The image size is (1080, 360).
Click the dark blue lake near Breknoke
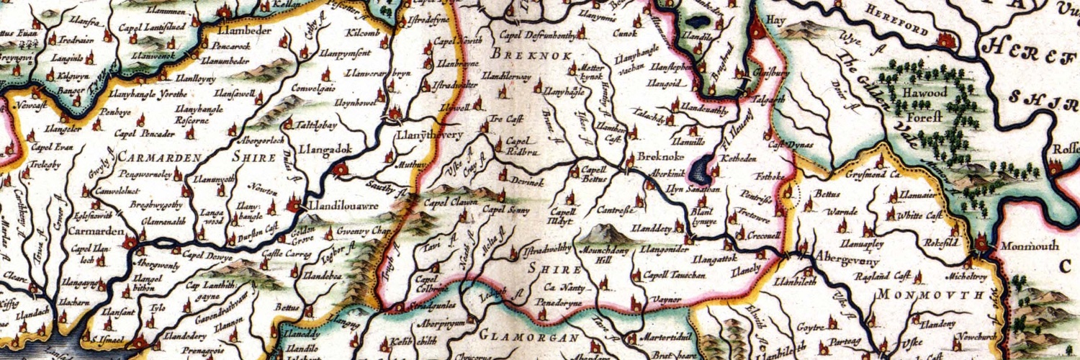tap(698, 171)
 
